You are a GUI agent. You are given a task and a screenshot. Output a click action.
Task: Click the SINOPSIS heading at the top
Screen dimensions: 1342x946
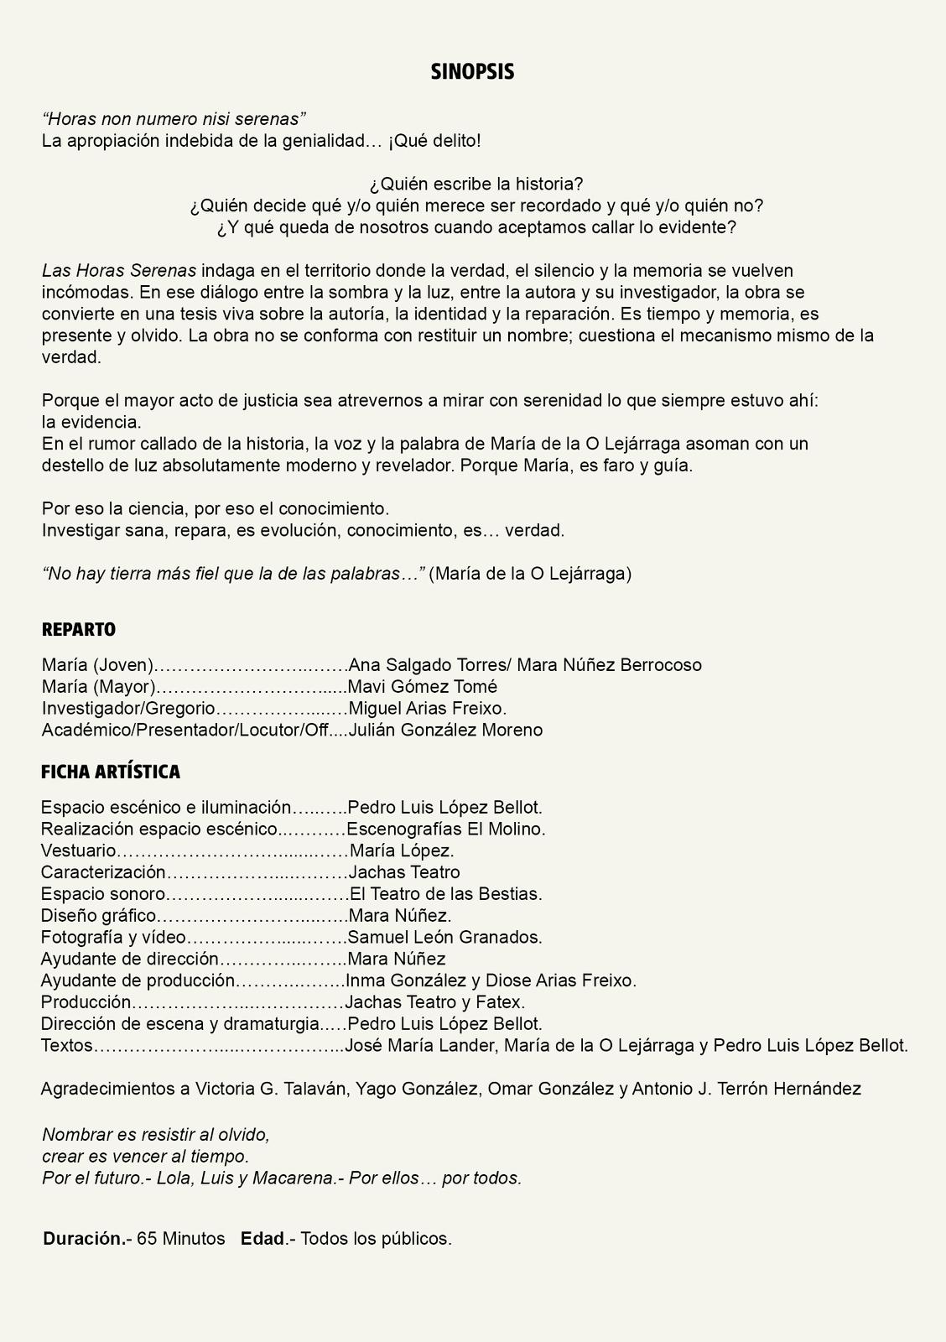472,72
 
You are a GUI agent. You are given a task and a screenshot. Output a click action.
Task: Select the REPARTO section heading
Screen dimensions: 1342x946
79,630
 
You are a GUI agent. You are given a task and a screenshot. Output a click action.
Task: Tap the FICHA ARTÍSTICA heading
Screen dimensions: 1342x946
111,772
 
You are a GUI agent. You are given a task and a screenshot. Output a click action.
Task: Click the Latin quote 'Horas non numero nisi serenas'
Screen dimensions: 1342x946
174,119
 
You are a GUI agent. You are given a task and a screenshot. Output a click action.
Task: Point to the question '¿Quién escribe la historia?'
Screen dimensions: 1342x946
476,184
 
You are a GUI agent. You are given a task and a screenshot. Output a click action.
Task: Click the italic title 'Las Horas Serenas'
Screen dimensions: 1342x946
119,271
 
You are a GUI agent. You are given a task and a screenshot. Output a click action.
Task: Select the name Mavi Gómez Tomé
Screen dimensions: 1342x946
423,687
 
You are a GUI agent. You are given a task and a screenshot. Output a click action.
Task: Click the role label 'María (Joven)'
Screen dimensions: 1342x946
97,665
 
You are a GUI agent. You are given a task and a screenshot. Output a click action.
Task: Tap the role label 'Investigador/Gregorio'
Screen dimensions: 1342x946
128,709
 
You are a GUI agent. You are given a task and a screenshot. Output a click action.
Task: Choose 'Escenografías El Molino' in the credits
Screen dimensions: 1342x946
445,830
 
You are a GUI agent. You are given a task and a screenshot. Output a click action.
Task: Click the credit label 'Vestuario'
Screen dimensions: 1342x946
78,850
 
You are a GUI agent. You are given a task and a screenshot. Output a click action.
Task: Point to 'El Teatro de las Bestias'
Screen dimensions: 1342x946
445,894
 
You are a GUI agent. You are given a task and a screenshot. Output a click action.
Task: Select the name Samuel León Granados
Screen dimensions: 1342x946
444,937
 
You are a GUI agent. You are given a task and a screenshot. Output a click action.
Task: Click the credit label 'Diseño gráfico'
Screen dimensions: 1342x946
99,916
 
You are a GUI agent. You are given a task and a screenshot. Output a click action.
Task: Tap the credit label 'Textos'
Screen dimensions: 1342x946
67,1046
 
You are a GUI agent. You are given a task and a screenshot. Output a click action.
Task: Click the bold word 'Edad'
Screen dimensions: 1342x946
262,1239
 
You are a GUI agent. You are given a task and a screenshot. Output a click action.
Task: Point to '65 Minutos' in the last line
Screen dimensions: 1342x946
181,1239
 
